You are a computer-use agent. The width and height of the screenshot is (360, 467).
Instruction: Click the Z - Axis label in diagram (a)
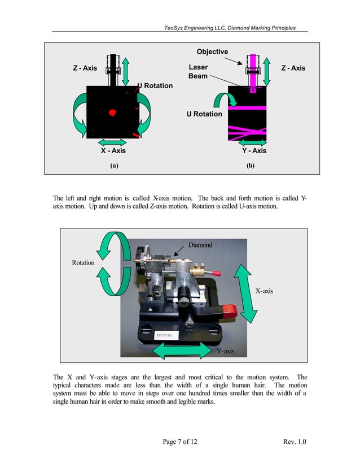(85, 68)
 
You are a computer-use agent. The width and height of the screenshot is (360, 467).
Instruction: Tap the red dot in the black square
(112, 113)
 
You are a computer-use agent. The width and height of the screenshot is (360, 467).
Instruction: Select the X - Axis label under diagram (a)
(113, 151)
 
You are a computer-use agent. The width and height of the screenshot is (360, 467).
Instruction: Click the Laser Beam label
(198, 71)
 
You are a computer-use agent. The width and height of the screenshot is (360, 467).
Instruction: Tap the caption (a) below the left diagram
(114, 166)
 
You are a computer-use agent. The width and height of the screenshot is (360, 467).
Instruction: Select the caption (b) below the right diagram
(251, 166)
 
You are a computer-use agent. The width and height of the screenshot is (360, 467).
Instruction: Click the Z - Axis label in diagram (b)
(293, 68)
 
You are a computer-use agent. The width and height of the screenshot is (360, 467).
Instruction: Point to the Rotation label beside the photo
(83, 263)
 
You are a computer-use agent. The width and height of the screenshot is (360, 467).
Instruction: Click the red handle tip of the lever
(230, 309)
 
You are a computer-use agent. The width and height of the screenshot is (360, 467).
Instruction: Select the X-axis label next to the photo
(264, 291)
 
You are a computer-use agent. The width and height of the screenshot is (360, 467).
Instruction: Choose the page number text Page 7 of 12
(179, 442)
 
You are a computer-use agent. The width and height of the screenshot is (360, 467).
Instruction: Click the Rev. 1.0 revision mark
(293, 442)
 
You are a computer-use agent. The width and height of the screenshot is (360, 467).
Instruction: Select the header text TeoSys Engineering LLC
(190, 28)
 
